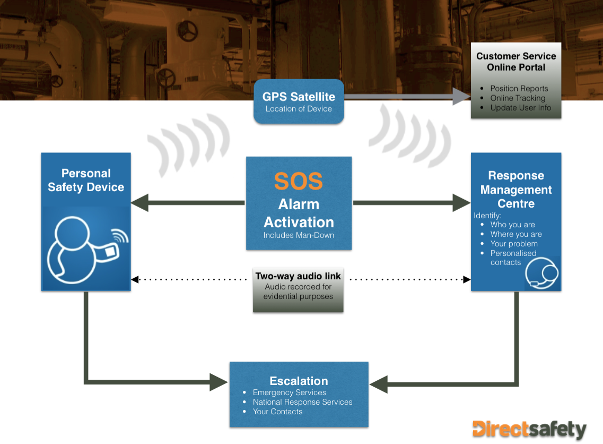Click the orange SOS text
[x=298, y=182]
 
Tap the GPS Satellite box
[x=299, y=101]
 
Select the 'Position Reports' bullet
[x=519, y=89]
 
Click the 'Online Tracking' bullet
[x=517, y=98]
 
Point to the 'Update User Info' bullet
[x=520, y=108]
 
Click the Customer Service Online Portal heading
[x=516, y=62]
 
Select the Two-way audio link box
[x=298, y=286]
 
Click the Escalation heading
[x=299, y=381]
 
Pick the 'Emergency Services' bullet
[x=289, y=392]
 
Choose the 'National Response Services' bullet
[x=302, y=402]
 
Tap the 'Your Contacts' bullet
[x=277, y=412]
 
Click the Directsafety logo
[x=529, y=429]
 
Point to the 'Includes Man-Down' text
[x=299, y=235]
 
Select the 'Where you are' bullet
[x=515, y=234]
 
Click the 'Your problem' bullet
[x=514, y=244]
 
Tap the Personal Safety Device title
[x=86, y=180]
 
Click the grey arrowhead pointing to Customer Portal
[x=461, y=96]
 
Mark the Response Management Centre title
[x=516, y=190]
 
